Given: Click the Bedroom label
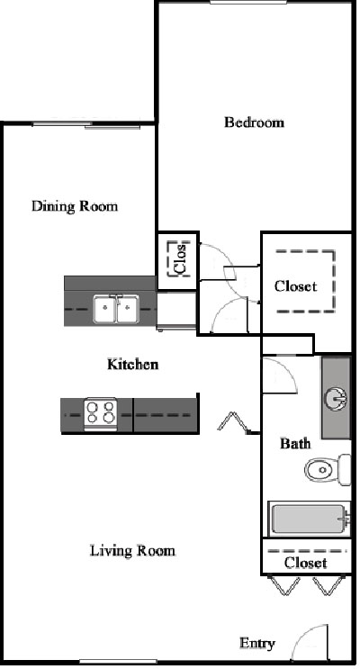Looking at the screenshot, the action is pos(254,122).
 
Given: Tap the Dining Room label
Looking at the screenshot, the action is pos(75,206).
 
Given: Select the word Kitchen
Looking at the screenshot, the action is pos(132,365).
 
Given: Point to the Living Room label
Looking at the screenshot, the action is pos(132,550).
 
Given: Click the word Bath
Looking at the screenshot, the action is pos(295,444).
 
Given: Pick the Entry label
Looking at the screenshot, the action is pos(256,644).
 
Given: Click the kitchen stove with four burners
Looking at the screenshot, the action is pos(101,414).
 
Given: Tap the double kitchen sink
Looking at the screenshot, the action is pos(116,309).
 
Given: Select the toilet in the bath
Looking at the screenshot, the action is pos(328,470).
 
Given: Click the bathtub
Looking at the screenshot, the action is pos(309,519).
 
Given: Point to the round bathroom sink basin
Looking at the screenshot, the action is pos(336,400).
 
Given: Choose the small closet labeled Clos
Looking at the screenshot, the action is pos(178,260).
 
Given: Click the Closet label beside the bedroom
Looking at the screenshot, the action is pos(295,285).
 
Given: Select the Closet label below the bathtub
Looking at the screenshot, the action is pos(306,563).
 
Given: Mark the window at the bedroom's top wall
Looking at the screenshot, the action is pos(248,3).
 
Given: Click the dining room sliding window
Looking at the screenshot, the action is pos(86,125).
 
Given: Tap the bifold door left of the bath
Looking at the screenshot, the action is pos(234,422).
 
